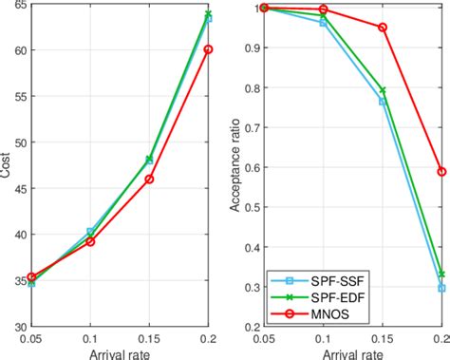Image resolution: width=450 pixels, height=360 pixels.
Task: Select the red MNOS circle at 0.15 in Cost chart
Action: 149,179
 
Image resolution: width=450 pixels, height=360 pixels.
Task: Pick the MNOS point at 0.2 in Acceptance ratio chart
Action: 441,172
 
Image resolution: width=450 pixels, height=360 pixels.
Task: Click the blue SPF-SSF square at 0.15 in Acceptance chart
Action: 383,101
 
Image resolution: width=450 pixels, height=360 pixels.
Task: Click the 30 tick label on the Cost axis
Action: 18,326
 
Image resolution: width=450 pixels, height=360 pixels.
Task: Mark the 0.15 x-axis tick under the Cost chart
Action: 149,337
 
